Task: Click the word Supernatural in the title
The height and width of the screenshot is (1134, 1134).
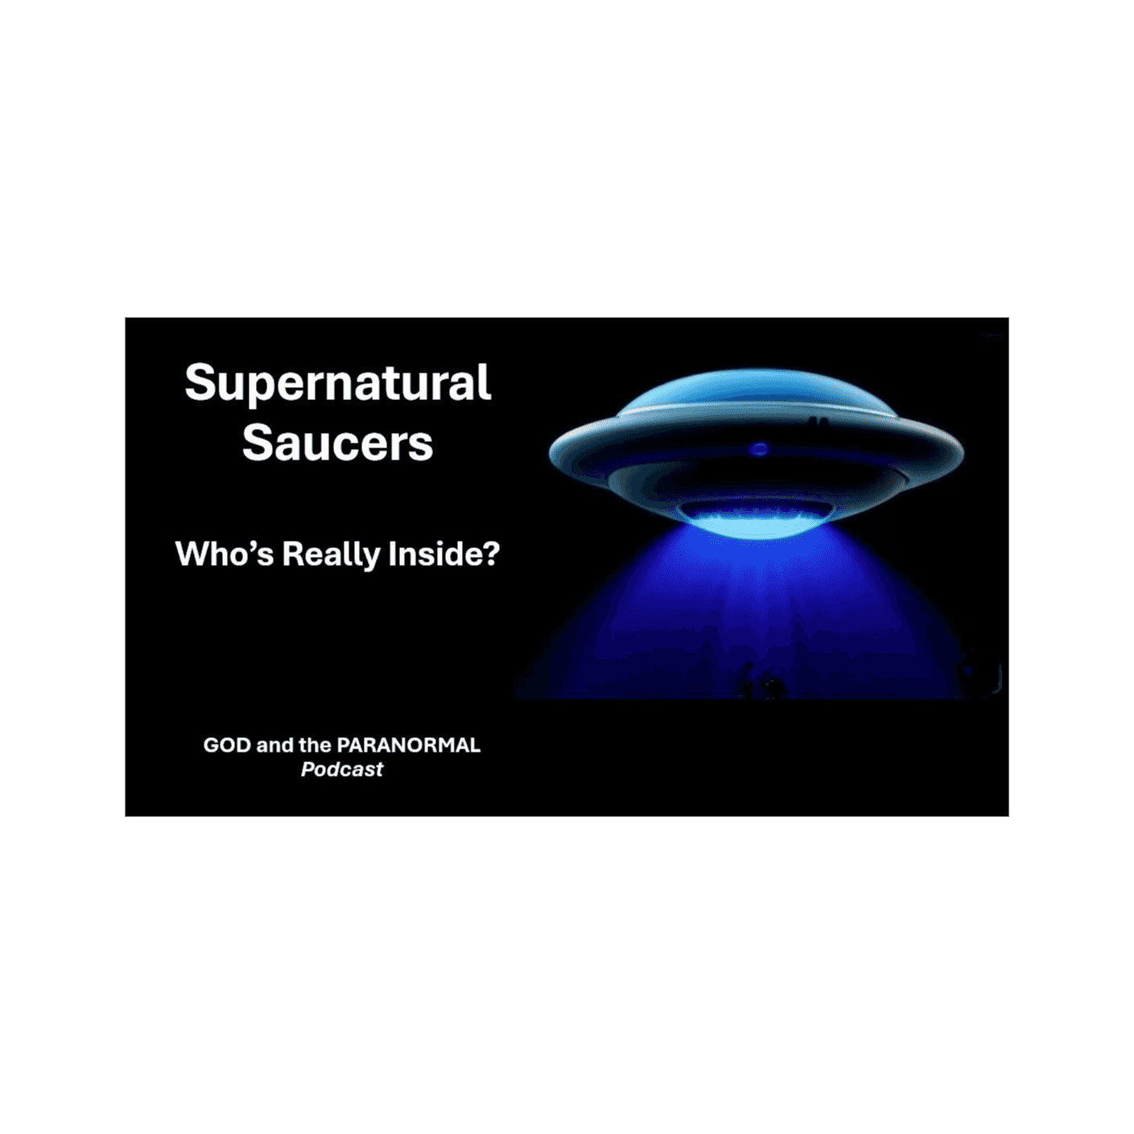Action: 337,383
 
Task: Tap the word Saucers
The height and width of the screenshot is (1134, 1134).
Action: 337,443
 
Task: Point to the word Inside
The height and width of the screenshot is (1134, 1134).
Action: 435,554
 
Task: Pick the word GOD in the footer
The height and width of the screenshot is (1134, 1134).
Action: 227,745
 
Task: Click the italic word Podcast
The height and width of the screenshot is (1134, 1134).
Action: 342,769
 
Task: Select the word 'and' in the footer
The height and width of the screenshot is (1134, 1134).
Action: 274,745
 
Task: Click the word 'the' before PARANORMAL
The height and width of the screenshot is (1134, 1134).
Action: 315,745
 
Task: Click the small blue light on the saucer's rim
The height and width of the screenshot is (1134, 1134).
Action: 758,449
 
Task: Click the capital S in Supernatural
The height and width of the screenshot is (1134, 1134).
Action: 200,383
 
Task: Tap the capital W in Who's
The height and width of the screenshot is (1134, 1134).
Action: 192,554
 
